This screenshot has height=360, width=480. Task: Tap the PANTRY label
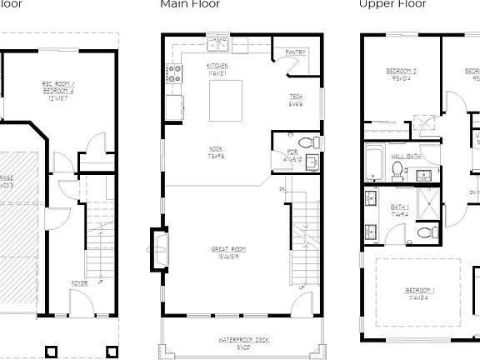point(296,52)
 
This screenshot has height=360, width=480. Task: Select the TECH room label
point(295,101)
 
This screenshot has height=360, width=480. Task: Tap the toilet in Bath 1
point(426,231)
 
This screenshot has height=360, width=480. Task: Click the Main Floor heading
point(190,4)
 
